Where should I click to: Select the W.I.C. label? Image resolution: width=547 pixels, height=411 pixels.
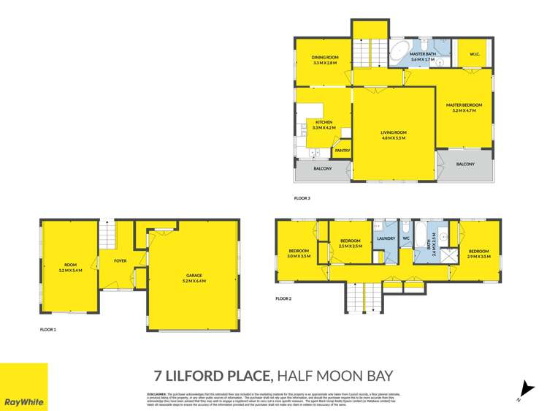coord(473,53)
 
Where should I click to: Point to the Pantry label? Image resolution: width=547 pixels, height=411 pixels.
coord(342,151)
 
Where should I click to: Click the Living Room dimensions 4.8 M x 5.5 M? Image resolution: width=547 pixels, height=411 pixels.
coord(394,137)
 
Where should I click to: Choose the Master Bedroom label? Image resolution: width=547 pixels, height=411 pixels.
coord(464,105)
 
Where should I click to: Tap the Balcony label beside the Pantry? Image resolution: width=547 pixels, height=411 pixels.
coord(323,169)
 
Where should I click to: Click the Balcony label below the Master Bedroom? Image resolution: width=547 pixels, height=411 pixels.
coord(465,164)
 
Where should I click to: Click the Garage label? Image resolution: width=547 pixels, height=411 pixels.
coord(194,276)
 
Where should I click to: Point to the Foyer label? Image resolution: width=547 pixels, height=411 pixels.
coord(121,260)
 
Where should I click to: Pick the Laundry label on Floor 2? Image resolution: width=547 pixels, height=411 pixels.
coord(386,238)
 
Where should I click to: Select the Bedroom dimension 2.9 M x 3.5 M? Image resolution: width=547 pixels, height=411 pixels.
coord(478,257)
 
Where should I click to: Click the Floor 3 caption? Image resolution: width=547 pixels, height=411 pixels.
coord(302,197)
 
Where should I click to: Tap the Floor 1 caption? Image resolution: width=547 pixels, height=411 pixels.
coord(47,330)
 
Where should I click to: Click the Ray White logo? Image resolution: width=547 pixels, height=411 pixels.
coord(24,387)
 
